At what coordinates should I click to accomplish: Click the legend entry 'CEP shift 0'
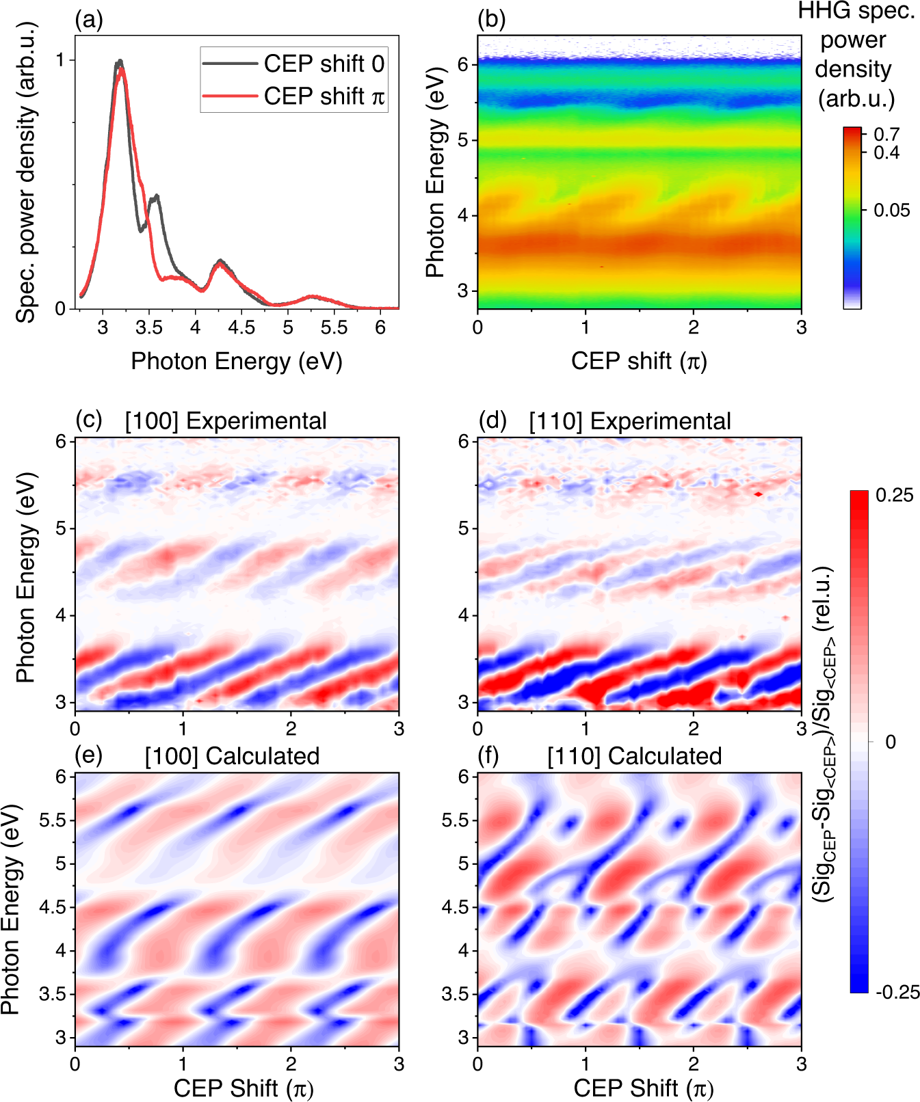click(x=324, y=64)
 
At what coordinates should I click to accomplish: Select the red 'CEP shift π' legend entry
click(x=324, y=96)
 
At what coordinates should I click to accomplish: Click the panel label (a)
click(x=89, y=20)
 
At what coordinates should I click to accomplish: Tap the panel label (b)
click(x=491, y=20)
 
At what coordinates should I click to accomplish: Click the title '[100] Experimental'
click(x=226, y=421)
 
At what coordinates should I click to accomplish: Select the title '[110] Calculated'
click(x=634, y=756)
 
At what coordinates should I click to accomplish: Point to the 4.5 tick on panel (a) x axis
click(x=241, y=327)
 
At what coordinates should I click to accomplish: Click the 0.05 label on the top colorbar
click(x=892, y=211)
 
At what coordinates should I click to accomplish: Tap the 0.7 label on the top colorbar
click(x=886, y=134)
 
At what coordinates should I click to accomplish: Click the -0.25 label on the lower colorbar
click(x=897, y=993)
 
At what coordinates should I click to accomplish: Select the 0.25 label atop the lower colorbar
click(x=894, y=495)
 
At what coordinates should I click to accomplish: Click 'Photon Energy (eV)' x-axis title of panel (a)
click(x=236, y=361)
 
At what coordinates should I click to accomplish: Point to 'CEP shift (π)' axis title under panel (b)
click(x=639, y=361)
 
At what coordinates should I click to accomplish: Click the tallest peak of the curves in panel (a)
click(x=120, y=62)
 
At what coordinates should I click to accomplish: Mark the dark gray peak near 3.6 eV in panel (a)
click(x=157, y=196)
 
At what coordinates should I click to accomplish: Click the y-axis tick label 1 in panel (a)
click(x=61, y=60)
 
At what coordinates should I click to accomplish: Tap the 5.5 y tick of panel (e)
click(x=53, y=820)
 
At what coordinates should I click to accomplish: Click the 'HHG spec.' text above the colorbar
click(x=856, y=11)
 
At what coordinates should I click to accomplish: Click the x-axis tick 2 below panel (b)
click(x=693, y=327)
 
